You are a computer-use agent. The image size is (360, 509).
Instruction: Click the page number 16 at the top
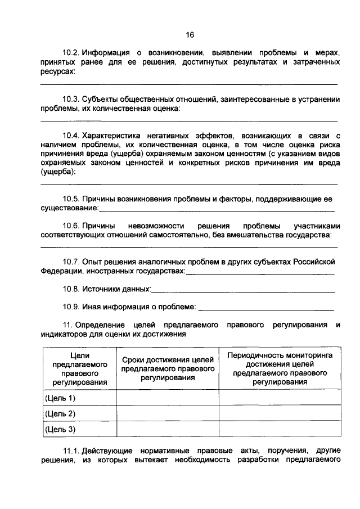coord(190,35)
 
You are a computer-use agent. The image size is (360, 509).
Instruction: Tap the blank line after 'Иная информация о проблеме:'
coord(267,309)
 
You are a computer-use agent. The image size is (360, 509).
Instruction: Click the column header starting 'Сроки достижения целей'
coord(168,369)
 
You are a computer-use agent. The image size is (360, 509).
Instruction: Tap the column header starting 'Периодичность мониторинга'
coord(280,368)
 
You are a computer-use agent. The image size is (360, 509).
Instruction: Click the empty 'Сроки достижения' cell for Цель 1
coord(168,398)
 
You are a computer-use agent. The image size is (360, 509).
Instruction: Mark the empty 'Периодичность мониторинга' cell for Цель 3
coord(280,429)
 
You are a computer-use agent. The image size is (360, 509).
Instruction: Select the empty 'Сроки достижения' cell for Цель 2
coord(168,413)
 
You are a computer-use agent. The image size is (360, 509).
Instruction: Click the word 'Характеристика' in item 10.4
coord(110,136)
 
